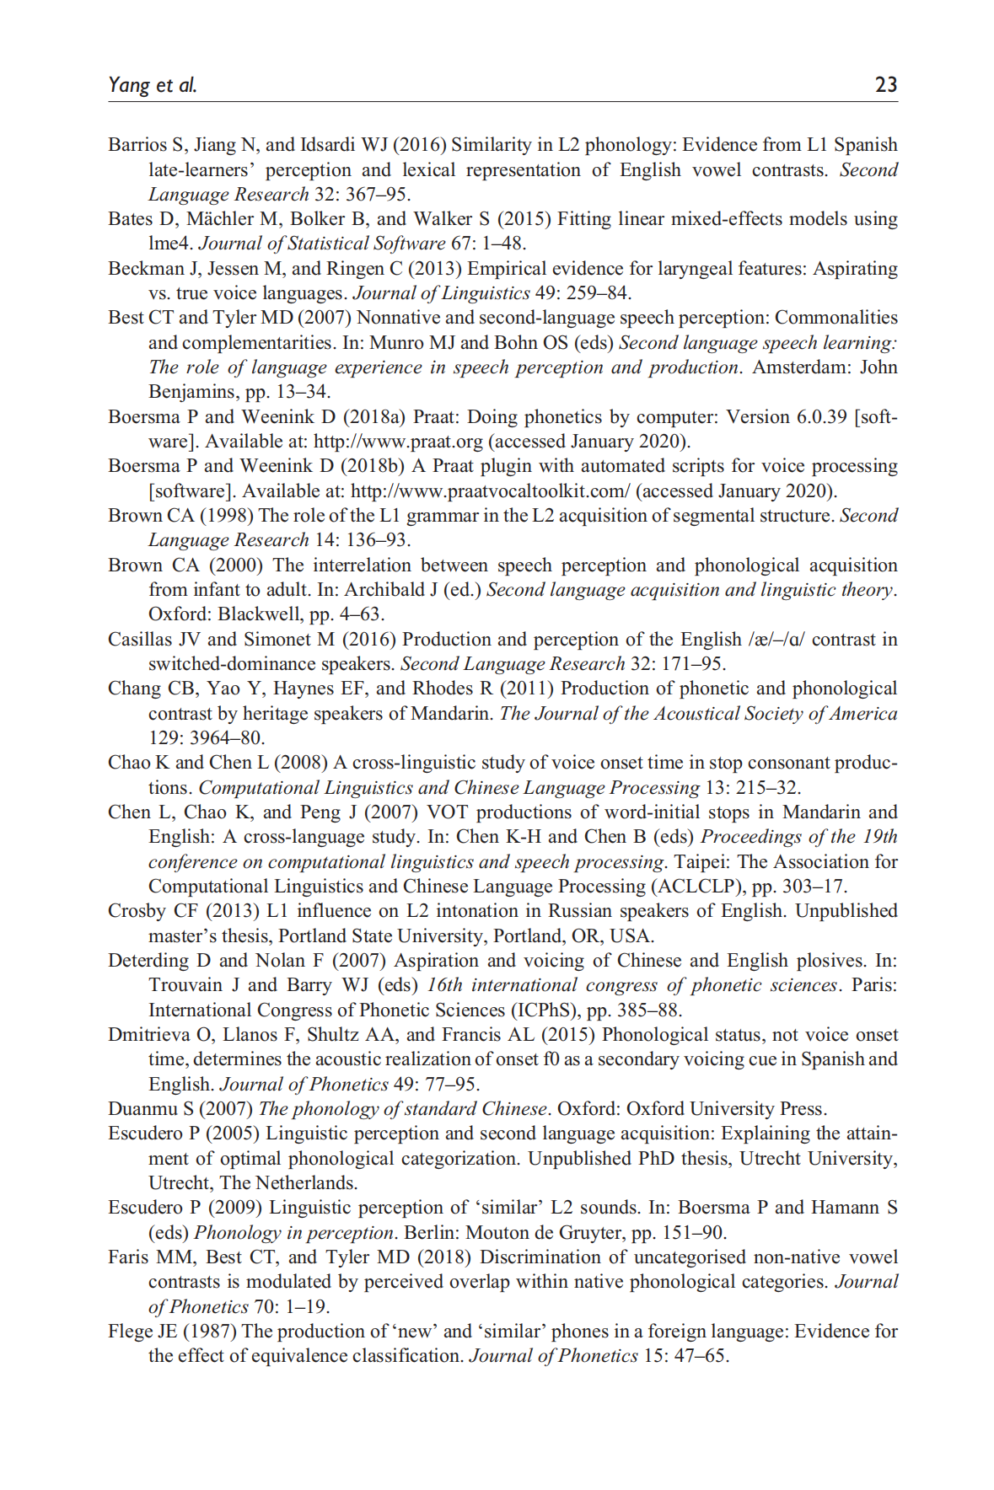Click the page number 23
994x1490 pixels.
click(885, 84)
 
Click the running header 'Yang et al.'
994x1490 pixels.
click(152, 84)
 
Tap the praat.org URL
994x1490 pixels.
click(398, 442)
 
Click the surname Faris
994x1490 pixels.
click(128, 1257)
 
